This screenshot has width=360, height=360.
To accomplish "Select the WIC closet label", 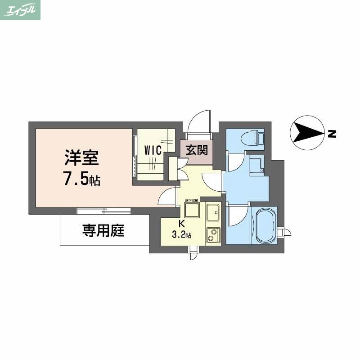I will pos(153,151).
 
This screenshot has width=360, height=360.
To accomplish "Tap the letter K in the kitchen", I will pos(182,224).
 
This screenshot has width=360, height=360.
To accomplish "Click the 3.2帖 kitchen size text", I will pos(182,234).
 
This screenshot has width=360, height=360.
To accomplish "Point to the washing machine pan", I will pos(256,165).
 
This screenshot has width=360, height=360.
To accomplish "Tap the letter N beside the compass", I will pos(332,134).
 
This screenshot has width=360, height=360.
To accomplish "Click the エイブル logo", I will pos(20,10).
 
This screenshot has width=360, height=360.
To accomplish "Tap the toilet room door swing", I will pos(235,163).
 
